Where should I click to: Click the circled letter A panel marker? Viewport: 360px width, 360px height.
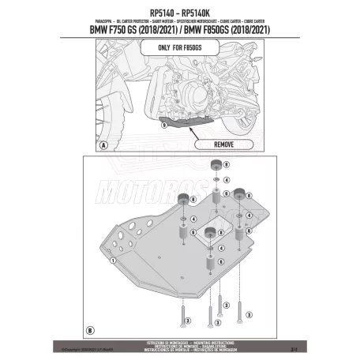104,146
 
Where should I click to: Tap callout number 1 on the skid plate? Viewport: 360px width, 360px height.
113,259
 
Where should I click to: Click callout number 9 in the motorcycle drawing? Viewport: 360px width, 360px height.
163,125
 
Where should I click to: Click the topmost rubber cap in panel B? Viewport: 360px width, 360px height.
212,165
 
